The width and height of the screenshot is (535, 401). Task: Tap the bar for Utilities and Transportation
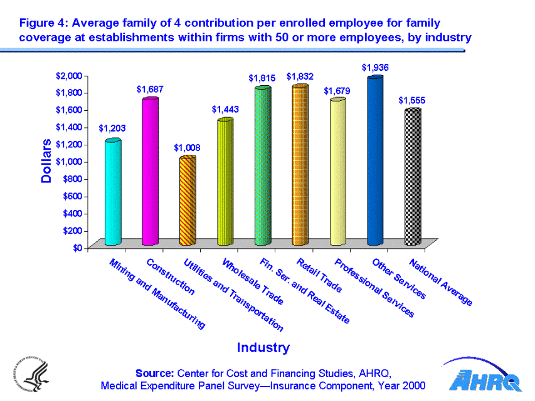(188, 200)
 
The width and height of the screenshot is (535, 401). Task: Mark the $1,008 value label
(187, 148)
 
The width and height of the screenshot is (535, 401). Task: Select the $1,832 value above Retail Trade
(300, 76)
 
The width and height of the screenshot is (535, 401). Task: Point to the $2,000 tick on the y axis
(69, 76)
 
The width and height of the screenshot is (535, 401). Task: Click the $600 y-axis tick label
(71, 196)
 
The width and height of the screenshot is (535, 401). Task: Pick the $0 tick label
(77, 248)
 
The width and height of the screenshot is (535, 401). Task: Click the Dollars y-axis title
(46, 162)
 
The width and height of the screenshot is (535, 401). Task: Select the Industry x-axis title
(263, 347)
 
